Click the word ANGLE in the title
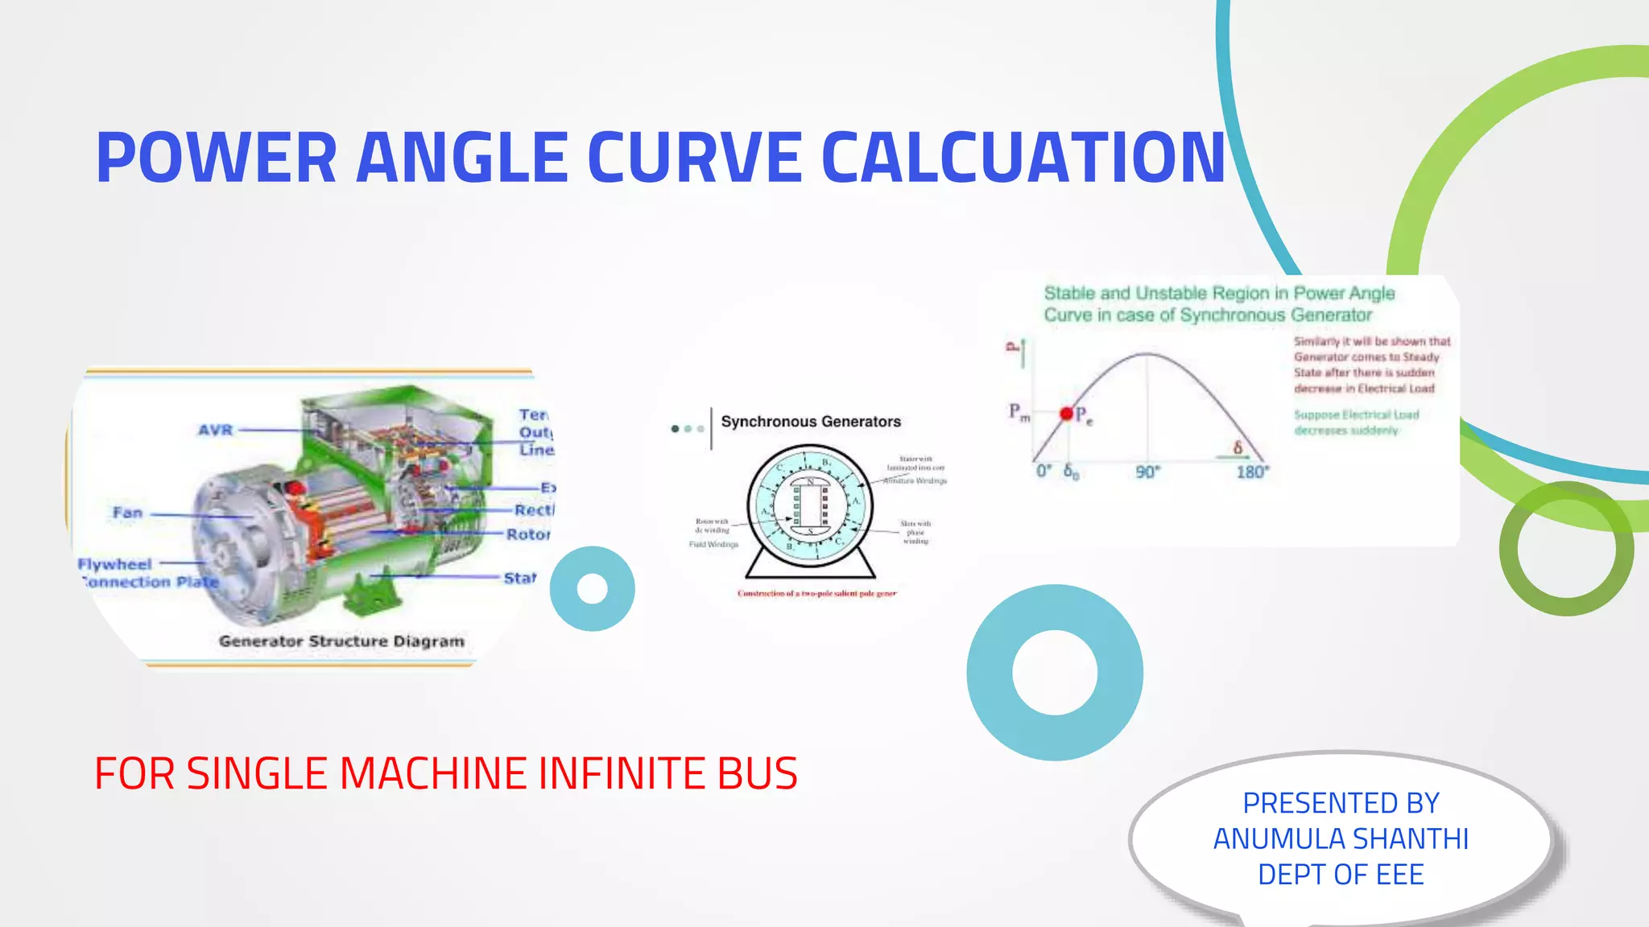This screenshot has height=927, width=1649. point(461,158)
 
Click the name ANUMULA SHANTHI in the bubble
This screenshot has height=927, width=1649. point(1341,838)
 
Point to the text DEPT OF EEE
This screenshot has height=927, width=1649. point(1341,875)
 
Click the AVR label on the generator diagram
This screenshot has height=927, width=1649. point(216,431)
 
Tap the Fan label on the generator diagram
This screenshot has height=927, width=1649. point(127,513)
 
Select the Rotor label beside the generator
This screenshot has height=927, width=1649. point(528,534)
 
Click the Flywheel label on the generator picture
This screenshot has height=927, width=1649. point(115,564)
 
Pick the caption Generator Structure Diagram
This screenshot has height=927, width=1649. point(341,641)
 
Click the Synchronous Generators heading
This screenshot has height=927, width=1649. point(811,422)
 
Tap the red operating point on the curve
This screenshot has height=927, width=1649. point(1067,414)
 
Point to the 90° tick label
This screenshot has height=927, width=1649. point(1147,472)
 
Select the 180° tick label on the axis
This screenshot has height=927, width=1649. point(1252,472)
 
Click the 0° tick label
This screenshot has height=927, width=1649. point(1044,472)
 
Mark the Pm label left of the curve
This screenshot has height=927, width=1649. point(1019,413)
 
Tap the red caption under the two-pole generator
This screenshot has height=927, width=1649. point(816,594)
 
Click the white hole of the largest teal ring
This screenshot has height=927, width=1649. point(1055,673)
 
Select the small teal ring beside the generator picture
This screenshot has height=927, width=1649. point(593,589)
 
